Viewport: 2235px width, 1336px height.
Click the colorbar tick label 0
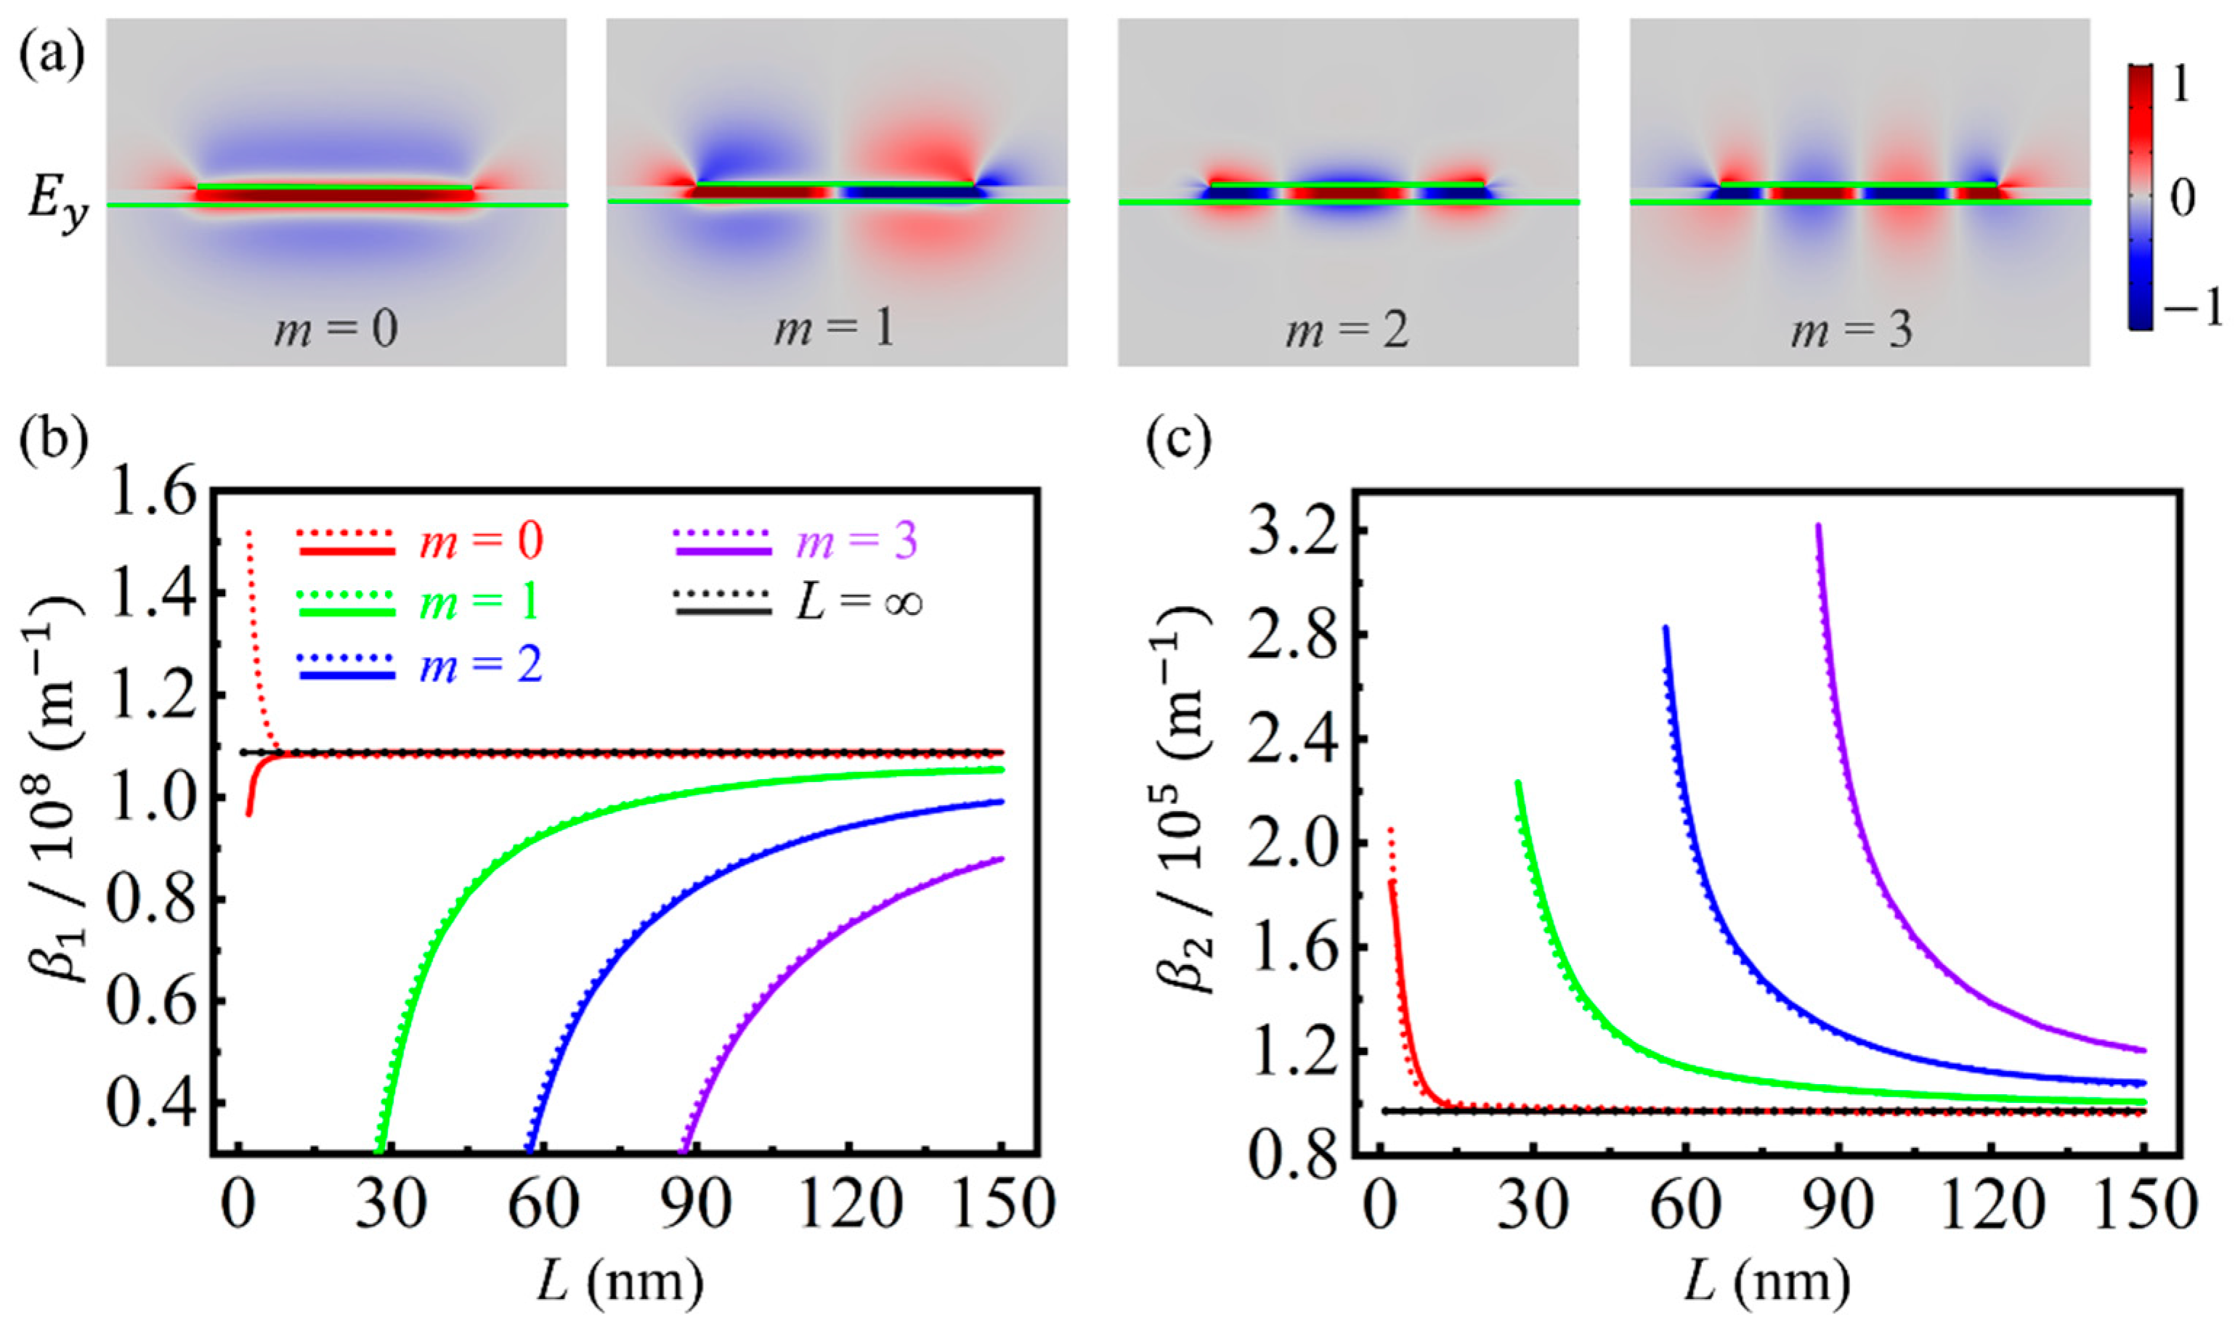point(2183,199)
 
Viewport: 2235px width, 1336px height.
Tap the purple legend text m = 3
point(856,540)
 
